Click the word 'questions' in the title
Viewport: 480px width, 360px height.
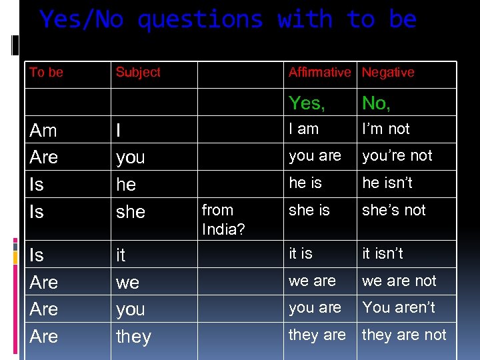pyautogui.click(x=200, y=20)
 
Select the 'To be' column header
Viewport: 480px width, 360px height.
pyautogui.click(x=46, y=72)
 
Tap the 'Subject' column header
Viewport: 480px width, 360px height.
pyautogui.click(x=138, y=72)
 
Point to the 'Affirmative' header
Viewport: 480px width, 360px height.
pyautogui.click(x=319, y=72)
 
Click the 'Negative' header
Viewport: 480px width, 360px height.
pyautogui.click(x=388, y=72)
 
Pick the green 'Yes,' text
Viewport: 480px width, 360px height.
pyautogui.click(x=307, y=103)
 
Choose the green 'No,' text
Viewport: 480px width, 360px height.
pyautogui.click(x=376, y=103)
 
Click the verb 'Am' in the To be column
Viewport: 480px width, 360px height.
pyautogui.click(x=43, y=131)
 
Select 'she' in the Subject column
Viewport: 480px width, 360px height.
pyautogui.click(x=131, y=212)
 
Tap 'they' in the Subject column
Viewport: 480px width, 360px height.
pyautogui.click(x=133, y=337)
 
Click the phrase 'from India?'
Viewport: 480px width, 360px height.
pyautogui.click(x=223, y=219)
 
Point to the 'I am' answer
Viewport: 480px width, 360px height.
pyautogui.click(x=303, y=129)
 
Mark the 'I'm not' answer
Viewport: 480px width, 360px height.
pyautogui.click(x=386, y=129)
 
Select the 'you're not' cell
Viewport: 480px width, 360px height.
pyautogui.click(x=397, y=155)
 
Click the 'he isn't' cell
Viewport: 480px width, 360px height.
pyautogui.click(x=387, y=183)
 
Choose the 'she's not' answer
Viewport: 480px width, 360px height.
pyautogui.click(x=393, y=210)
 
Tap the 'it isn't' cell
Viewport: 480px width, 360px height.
pyautogui.click(x=383, y=253)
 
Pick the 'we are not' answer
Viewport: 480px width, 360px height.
pyautogui.click(x=399, y=281)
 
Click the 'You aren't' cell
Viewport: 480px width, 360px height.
pyautogui.click(x=398, y=307)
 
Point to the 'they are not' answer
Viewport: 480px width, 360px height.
pyautogui.click(x=404, y=335)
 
